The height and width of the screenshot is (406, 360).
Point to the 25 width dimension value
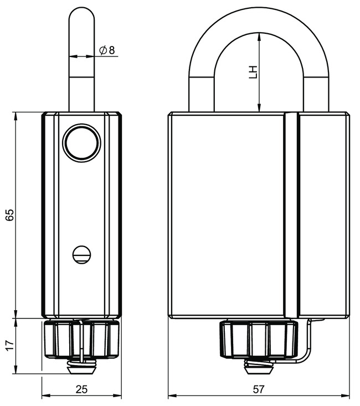81,389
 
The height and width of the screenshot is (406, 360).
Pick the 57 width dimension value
258,389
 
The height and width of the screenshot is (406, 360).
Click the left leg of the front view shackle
202,89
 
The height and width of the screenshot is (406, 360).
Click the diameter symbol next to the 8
103,50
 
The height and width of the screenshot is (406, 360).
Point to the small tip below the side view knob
81,366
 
